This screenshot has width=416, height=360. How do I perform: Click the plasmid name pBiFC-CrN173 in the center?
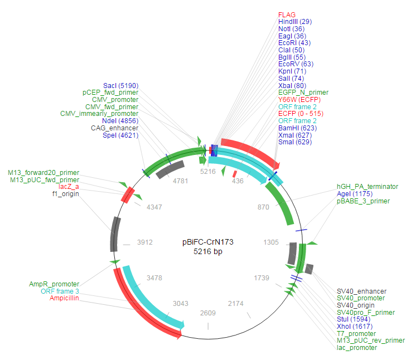pyautogui.click(x=207, y=242)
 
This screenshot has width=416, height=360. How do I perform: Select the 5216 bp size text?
pyautogui.click(x=207, y=251)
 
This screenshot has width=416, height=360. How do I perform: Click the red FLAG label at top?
pyautogui.click(x=287, y=14)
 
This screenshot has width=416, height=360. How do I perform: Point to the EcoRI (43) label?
pyautogui.click(x=294, y=43)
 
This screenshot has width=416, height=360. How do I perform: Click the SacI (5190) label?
pyautogui.click(x=120, y=85)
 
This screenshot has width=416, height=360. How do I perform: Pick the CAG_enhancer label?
pyautogui.click(x=114, y=128)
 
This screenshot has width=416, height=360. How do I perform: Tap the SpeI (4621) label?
pyautogui.click(x=120, y=135)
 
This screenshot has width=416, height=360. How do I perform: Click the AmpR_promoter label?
pyautogui.click(x=54, y=284)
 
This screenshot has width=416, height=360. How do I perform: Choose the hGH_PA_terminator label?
pyautogui.click(x=367, y=187)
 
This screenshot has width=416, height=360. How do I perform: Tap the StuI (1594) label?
pyautogui.click(x=352, y=319)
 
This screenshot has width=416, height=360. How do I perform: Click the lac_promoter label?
pyautogui.click(x=357, y=348)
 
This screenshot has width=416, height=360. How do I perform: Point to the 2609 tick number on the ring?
pyautogui.click(x=208, y=313)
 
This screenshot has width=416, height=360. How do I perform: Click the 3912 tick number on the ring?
pyautogui.click(x=146, y=243)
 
